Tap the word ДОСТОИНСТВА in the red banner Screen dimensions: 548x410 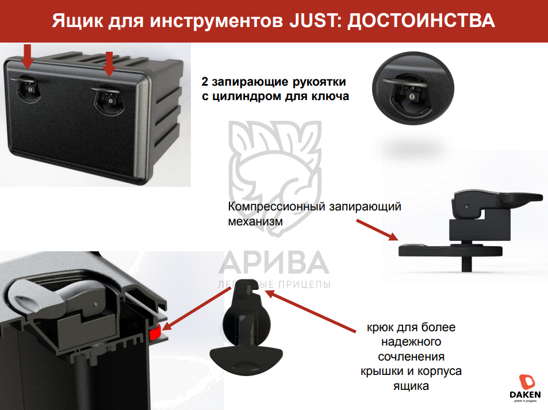pyautogui.click(x=421, y=21)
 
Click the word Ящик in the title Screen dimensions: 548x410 pyautogui.click(x=78, y=21)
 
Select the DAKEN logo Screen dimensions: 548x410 pyautogui.click(x=525, y=388)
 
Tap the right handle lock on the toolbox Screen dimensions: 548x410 pyautogui.click(x=107, y=98)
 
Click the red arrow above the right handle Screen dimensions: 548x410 pyautogui.click(x=109, y=64)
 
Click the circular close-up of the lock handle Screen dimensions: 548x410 pyautogui.click(x=413, y=88)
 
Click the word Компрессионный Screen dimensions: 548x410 pyautogui.click(x=276, y=206)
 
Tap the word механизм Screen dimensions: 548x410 pyautogui.click(x=255, y=221)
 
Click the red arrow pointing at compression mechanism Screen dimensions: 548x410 pyautogui.click(x=377, y=230)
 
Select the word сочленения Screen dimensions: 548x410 pyautogui.click(x=411, y=357)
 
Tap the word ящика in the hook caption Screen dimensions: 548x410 pyautogui.click(x=411, y=386)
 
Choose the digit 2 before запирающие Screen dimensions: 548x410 pyautogui.click(x=205, y=82)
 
